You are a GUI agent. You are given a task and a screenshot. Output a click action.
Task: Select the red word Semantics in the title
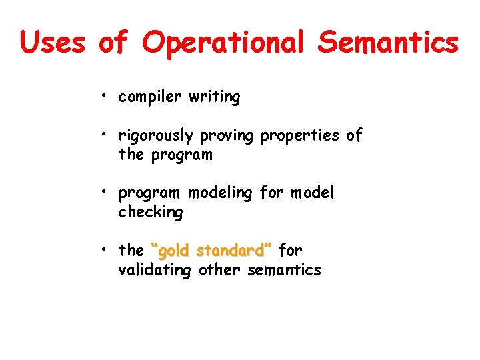(x=388, y=42)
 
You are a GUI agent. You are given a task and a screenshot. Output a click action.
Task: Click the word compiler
(x=151, y=97)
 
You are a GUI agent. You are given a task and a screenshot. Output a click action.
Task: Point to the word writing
(x=215, y=97)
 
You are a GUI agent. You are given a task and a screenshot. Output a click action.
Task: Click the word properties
(x=300, y=136)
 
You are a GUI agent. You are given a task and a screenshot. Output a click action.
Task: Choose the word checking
(x=150, y=213)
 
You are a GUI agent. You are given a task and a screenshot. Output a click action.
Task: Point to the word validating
(x=154, y=270)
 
